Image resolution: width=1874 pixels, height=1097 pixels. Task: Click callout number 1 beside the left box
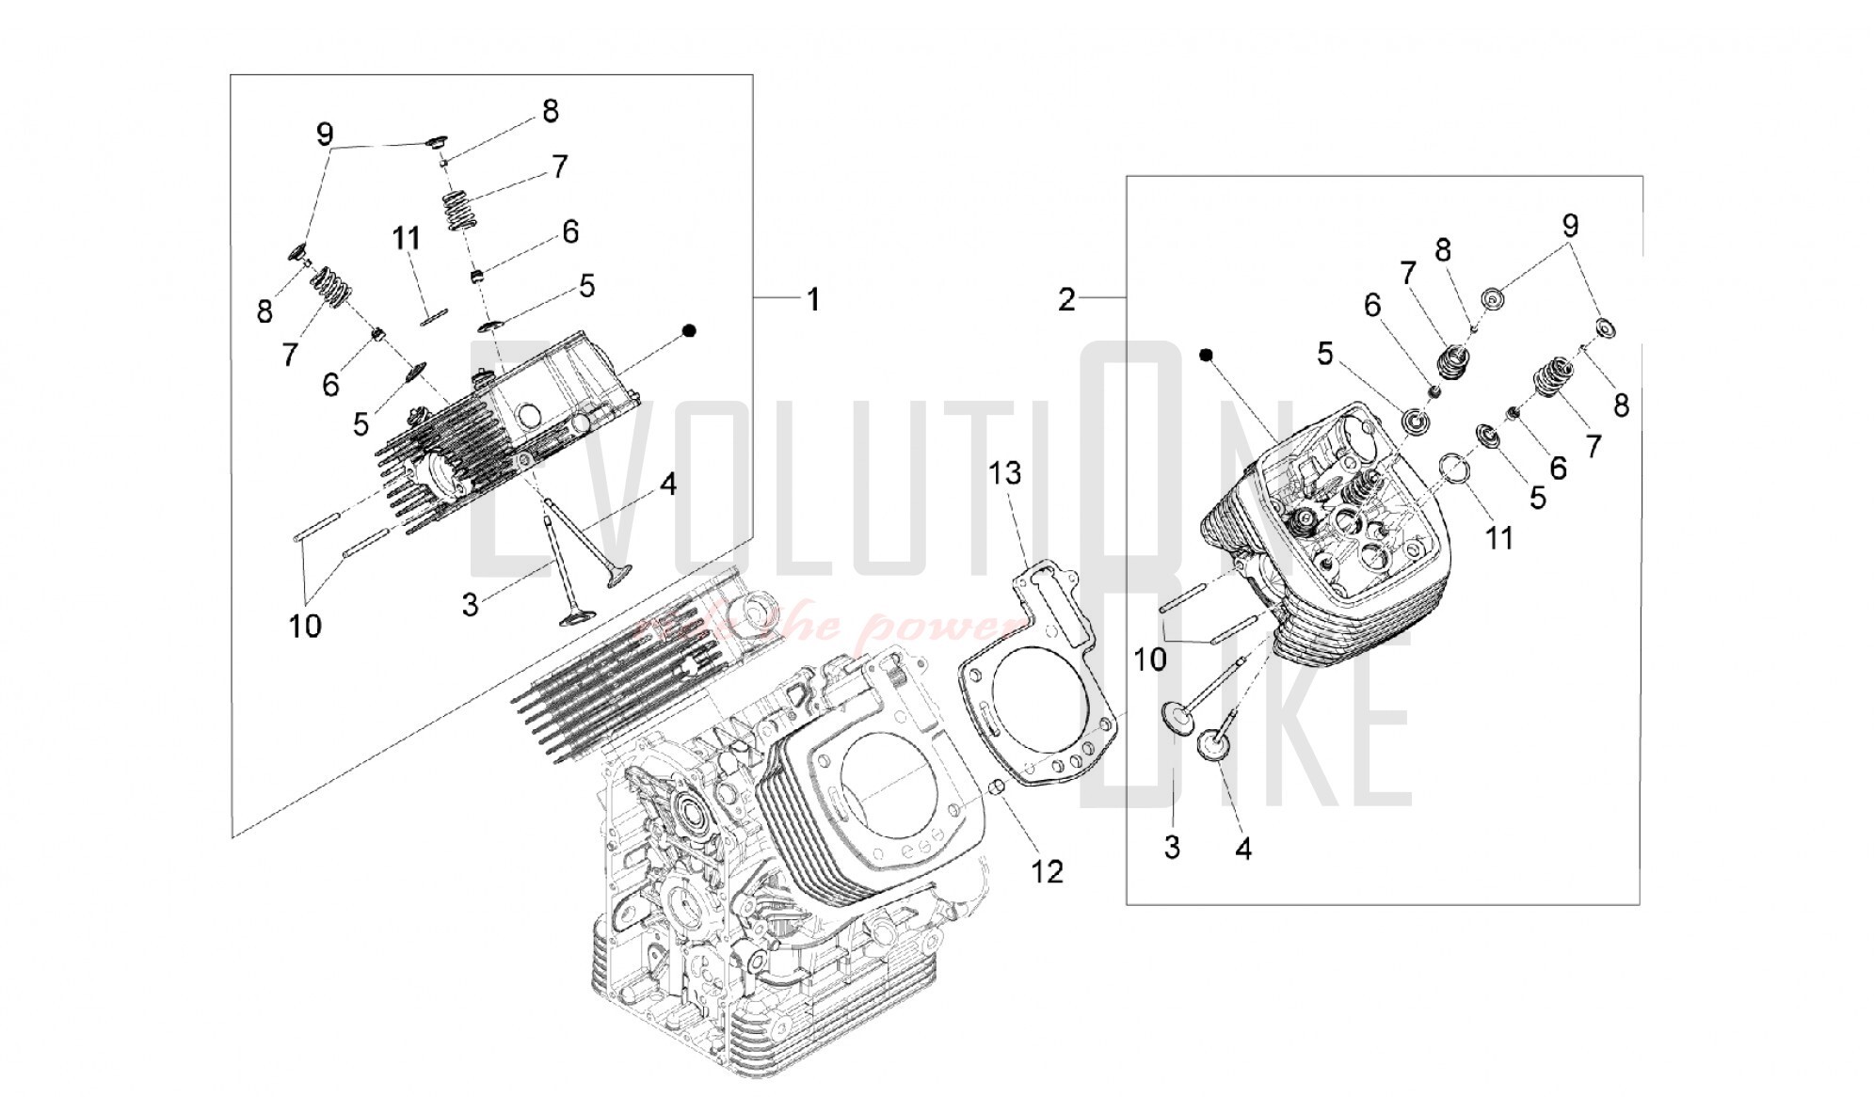pos(812,300)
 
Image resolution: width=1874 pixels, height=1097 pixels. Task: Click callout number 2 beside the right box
pos(1065,300)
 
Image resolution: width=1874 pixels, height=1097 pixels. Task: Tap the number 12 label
pos(1047,871)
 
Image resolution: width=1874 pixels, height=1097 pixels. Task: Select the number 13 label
pos(1004,472)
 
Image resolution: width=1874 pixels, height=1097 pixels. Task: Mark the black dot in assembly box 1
pos(689,330)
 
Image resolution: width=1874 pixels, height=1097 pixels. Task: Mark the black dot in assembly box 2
pos(1205,355)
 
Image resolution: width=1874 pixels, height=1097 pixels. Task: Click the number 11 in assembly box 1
pos(406,237)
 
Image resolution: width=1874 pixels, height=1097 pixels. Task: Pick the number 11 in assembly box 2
pos(1498,538)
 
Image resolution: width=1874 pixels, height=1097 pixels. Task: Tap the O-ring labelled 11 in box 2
pos(1454,468)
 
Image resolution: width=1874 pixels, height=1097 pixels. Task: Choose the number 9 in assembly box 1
pos(324,135)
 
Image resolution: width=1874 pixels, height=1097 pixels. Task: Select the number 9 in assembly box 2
pos(1570,226)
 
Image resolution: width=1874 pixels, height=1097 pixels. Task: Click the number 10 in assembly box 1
pos(305,626)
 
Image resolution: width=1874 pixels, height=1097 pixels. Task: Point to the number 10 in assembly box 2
pos(1149,660)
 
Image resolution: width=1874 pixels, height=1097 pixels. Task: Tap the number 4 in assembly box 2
pos(1243,849)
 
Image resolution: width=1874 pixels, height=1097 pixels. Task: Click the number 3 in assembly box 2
pos(1172,847)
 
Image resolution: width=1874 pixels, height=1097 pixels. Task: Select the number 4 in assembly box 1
pos(668,485)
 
